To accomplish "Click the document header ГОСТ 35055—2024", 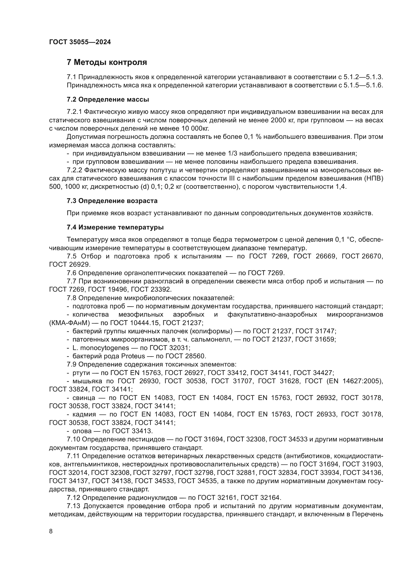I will [x=80, y=42].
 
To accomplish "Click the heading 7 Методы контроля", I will [x=107, y=62].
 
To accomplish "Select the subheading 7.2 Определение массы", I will [x=108, y=99].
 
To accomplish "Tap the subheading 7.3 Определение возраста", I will [x=112, y=201].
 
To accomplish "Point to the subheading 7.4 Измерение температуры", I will [x=115, y=227].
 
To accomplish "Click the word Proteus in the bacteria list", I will [x=133, y=356].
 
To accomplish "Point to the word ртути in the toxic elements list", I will [x=81, y=373].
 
